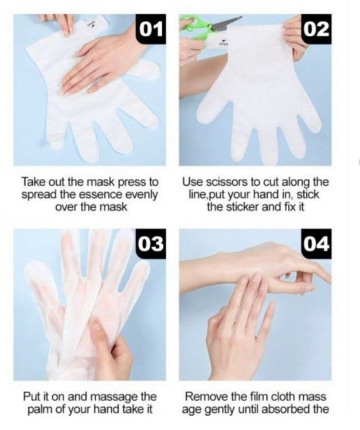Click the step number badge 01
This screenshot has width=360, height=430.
coord(151,29)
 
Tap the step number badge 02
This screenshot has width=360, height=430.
coord(316,29)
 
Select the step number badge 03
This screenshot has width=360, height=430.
coord(151,244)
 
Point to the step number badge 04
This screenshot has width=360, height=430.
coord(316,244)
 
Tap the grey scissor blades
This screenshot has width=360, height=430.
coord(226,24)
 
